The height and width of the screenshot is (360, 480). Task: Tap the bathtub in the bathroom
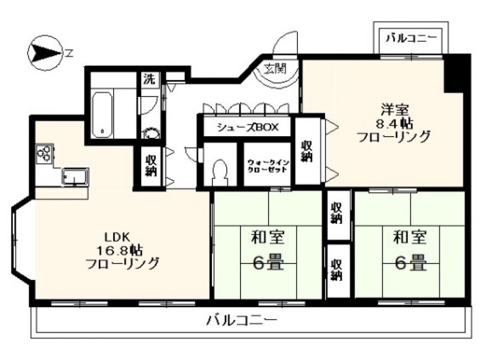[102, 115]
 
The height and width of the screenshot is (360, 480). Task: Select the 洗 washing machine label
[150, 79]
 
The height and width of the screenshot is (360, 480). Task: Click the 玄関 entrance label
[275, 68]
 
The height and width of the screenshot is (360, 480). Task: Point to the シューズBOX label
[248, 127]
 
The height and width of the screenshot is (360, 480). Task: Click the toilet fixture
[220, 173]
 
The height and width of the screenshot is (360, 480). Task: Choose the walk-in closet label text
[268, 165]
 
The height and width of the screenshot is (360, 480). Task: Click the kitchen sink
[75, 176]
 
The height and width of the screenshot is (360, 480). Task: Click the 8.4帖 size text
[394, 123]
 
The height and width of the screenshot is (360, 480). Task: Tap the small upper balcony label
[411, 39]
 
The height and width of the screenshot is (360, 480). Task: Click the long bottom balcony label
[242, 320]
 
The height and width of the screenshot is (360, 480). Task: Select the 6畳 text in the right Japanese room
[410, 262]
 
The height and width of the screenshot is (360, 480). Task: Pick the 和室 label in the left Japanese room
[268, 237]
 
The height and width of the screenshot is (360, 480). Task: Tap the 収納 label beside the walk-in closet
[306, 151]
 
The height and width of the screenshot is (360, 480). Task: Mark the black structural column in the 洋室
[454, 73]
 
